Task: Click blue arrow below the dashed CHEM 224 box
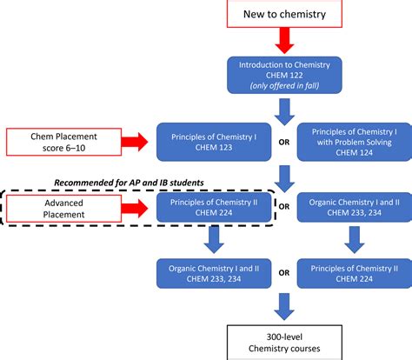pyautogui.click(x=209, y=239)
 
